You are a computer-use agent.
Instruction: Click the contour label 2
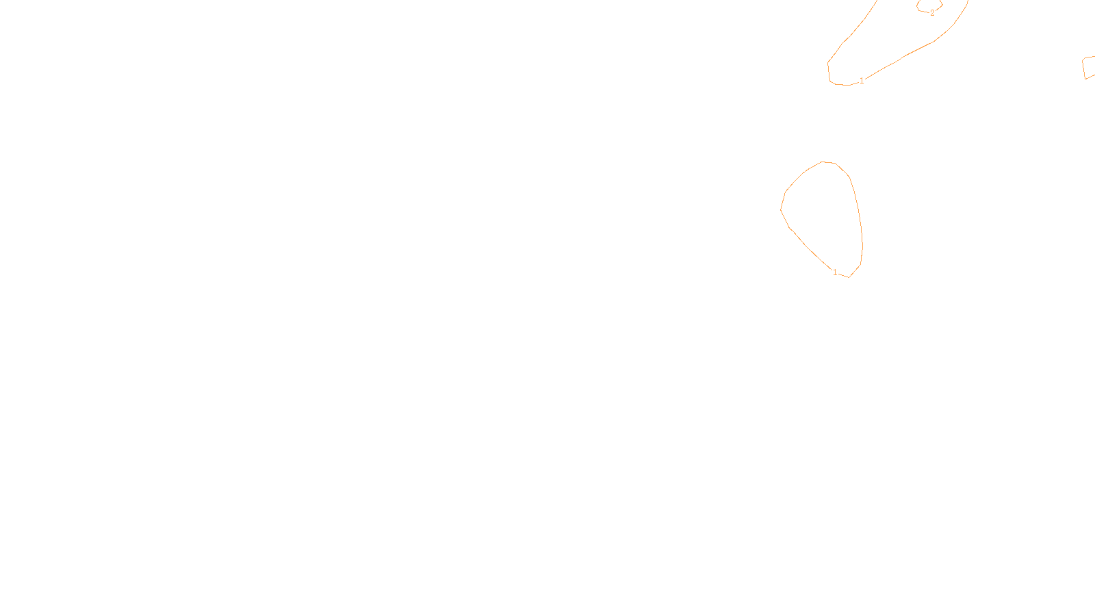tap(932, 12)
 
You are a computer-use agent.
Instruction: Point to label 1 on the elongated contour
tap(862, 81)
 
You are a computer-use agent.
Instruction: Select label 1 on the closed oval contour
tap(835, 272)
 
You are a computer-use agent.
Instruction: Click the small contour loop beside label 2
tap(929, 6)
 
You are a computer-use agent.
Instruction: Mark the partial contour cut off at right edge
tap(1087, 68)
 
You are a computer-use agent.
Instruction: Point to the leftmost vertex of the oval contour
tap(781, 209)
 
